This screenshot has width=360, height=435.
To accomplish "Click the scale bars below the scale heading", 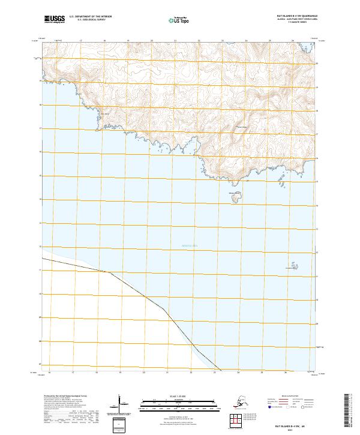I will coord(179,403).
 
